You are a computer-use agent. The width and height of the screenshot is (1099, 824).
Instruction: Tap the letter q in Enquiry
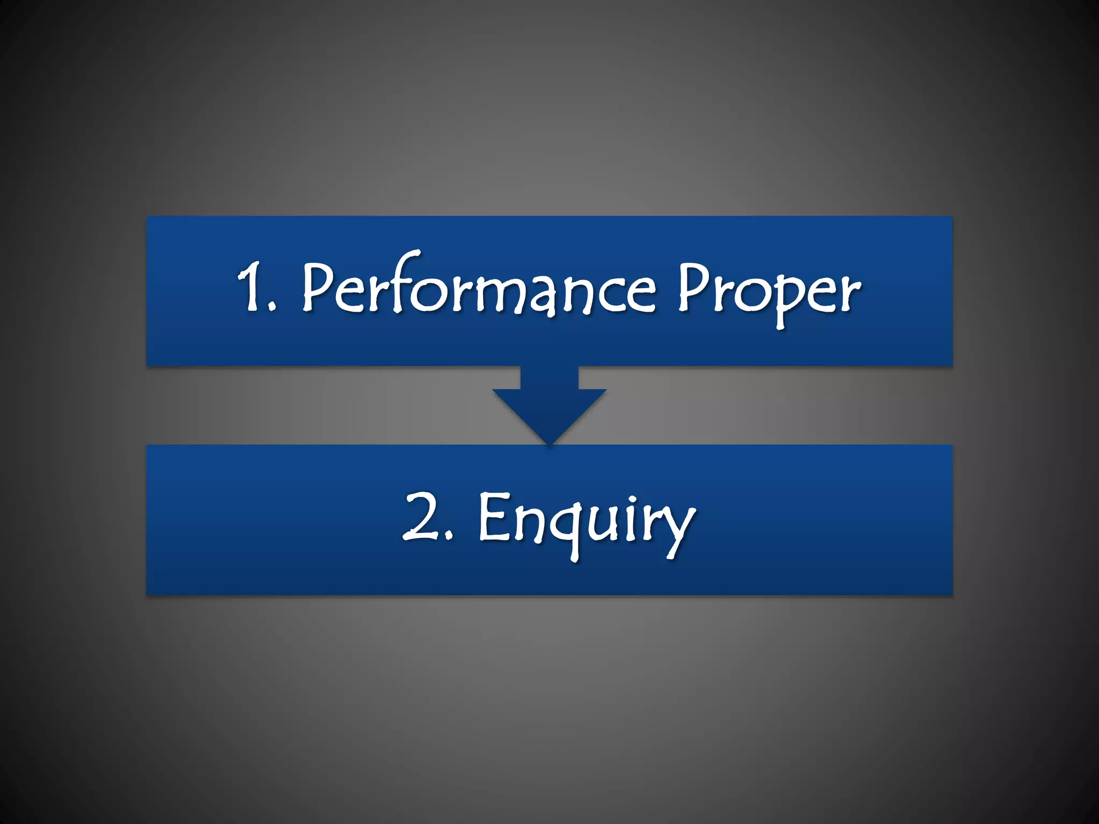coord(563,528)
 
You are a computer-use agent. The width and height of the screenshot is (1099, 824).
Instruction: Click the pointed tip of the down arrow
coord(549,443)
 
